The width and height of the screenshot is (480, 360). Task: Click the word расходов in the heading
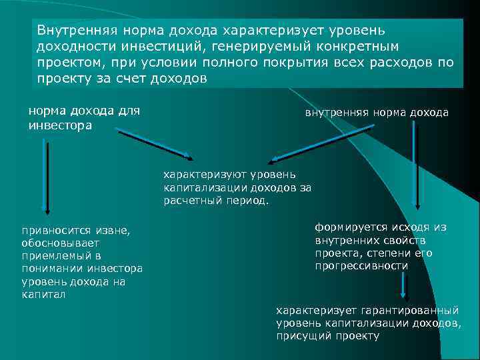[x=412, y=62]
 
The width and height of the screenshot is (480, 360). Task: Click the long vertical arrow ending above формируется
[x=416, y=167]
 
